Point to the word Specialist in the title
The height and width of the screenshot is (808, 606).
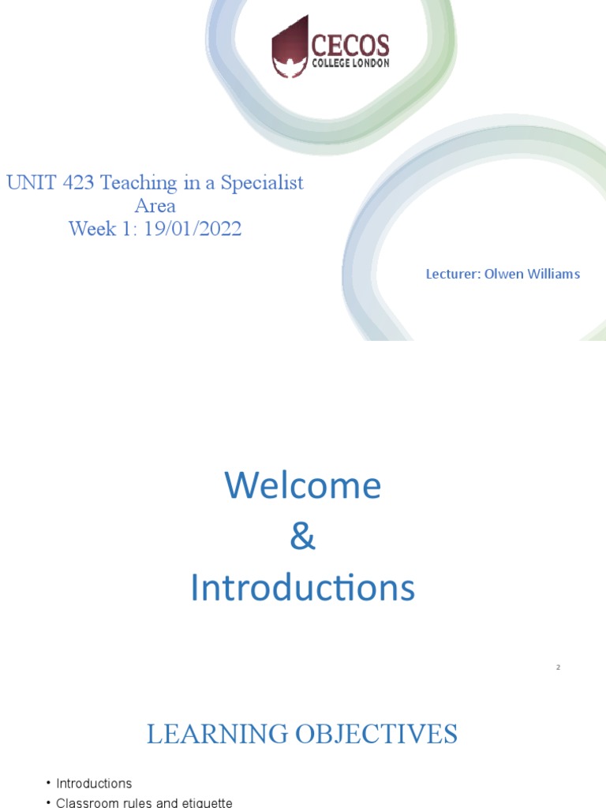click(262, 183)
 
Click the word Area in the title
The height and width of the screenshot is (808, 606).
click(155, 206)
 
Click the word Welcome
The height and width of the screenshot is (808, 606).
click(303, 485)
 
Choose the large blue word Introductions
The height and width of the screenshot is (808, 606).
click(303, 589)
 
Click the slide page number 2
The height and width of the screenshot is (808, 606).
click(558, 668)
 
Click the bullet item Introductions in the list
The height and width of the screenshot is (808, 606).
click(94, 784)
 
